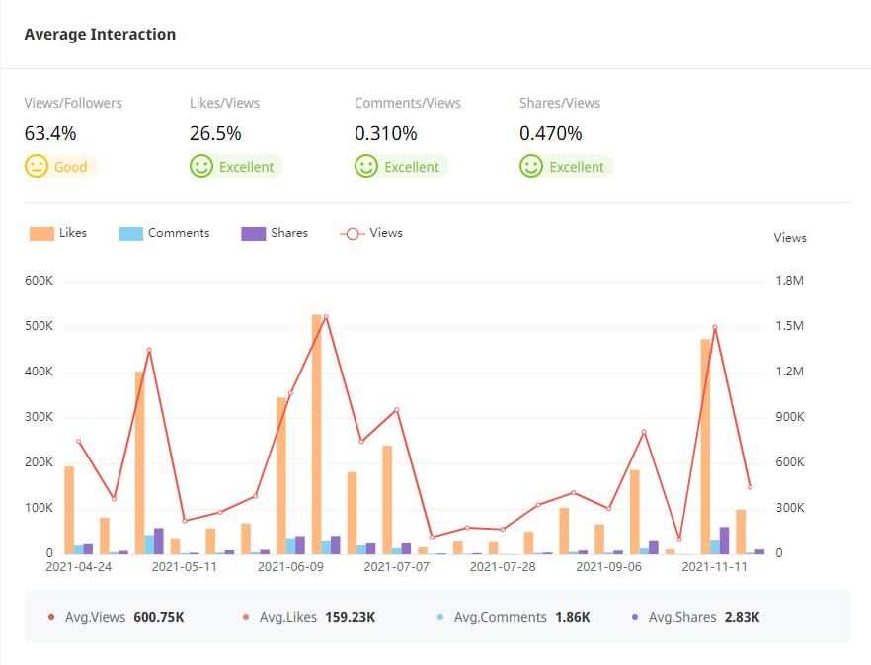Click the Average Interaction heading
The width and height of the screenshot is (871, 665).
[100, 34]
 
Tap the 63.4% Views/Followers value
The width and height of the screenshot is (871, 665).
[50, 133]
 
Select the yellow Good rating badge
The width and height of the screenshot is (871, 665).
[61, 167]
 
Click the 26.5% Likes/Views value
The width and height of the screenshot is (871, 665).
[215, 133]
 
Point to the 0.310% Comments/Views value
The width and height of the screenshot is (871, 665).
[386, 133]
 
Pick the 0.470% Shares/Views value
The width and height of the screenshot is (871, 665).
[551, 133]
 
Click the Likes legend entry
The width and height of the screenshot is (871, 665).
[58, 233]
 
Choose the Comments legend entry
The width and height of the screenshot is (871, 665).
[164, 233]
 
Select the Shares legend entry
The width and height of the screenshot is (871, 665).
[275, 233]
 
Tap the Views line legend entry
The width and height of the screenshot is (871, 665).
[371, 233]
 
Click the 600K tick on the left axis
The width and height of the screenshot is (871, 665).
[40, 281]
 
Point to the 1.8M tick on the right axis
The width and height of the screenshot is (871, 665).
[790, 281]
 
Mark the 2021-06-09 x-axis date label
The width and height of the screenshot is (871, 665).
[290, 567]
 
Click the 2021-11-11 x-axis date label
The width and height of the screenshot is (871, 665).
[715, 567]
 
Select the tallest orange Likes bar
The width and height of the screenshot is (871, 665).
[317, 435]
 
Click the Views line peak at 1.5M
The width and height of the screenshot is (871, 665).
[326, 317]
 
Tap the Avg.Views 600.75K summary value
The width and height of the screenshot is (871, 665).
[158, 617]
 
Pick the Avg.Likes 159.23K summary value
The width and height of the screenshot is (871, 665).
[350, 617]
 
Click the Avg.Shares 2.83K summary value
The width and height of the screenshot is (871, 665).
[740, 617]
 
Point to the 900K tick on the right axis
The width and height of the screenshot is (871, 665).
[790, 417]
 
